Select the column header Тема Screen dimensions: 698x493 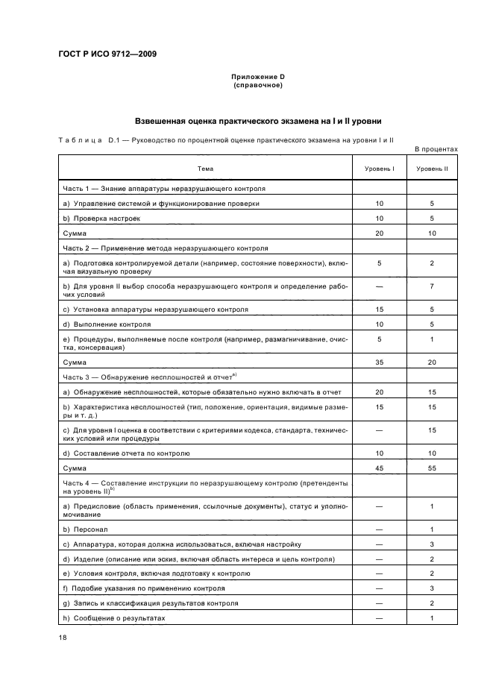(x=205, y=169)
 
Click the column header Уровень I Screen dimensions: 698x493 (x=380, y=169)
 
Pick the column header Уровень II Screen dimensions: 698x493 (x=432, y=169)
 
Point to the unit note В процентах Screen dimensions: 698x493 (x=436, y=149)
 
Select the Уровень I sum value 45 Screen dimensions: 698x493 (x=380, y=467)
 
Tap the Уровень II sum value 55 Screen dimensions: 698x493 (x=432, y=467)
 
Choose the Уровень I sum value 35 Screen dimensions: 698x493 (x=380, y=362)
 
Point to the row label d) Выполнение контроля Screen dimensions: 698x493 (x=107, y=324)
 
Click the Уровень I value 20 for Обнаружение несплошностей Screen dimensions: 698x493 (x=380, y=392)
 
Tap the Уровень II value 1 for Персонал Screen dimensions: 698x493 (x=432, y=529)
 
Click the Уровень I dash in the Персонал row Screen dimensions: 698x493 (x=380, y=529)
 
